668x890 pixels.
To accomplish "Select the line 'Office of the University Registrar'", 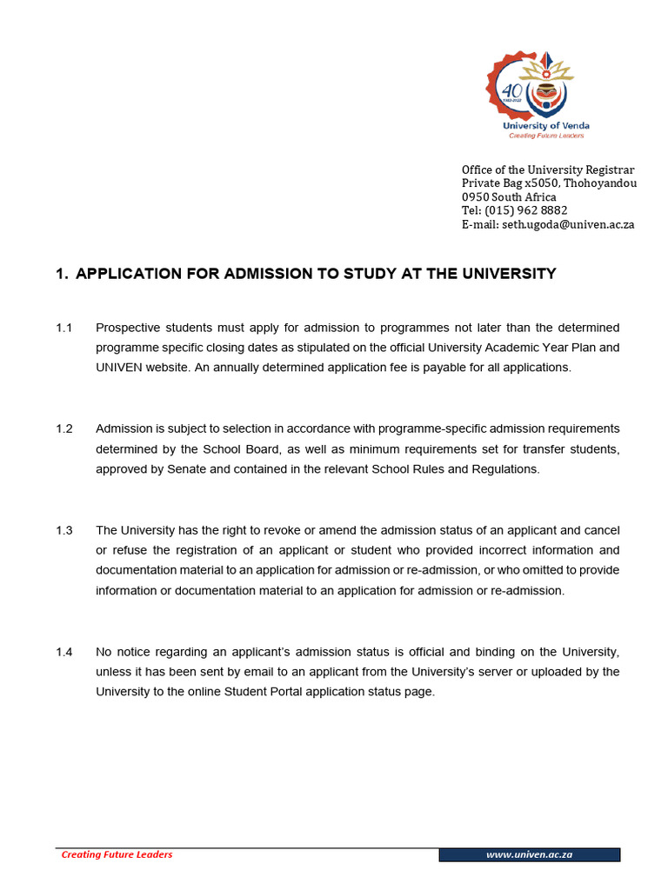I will [x=547, y=169].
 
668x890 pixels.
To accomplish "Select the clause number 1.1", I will [x=64, y=328].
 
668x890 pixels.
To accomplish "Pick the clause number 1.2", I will [x=64, y=428].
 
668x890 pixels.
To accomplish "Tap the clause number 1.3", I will [x=64, y=530].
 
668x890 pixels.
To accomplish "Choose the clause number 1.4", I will [x=64, y=652].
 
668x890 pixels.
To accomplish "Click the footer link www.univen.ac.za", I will [x=529, y=855].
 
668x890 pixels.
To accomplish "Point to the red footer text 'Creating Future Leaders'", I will [x=117, y=854].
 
